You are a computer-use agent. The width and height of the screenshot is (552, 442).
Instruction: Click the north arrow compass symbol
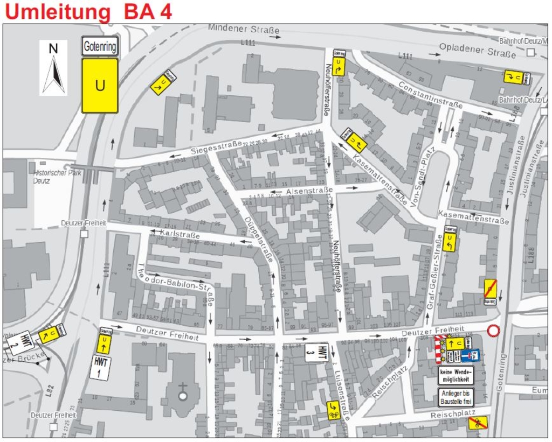point(53,68)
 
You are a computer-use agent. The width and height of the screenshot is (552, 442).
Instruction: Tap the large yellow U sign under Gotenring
point(100,86)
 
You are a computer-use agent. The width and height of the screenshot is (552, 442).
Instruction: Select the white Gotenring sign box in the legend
point(100,47)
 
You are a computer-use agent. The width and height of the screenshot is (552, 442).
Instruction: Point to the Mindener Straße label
point(244,29)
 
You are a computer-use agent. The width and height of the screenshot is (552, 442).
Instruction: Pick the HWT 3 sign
point(316,352)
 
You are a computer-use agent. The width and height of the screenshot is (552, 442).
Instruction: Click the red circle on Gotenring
point(493,331)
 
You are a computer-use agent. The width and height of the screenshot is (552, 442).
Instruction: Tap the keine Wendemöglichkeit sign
point(456,375)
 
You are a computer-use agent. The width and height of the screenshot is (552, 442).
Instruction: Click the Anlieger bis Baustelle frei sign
point(456,397)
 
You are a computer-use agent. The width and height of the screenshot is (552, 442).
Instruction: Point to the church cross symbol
point(183,389)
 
